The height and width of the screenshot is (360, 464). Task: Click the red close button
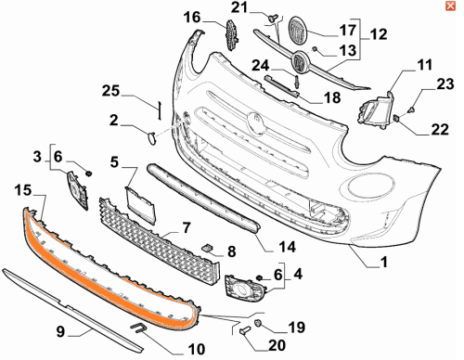(x=450, y=6)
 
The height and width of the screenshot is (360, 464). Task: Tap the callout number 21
(x=239, y=7)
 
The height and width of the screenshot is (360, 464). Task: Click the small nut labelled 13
(x=315, y=49)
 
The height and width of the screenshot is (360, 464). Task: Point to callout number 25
(x=110, y=91)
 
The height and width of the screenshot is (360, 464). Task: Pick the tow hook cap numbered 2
(x=152, y=138)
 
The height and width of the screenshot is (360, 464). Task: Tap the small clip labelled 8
(x=208, y=247)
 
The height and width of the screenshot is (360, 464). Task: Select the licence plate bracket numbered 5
(x=140, y=205)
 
